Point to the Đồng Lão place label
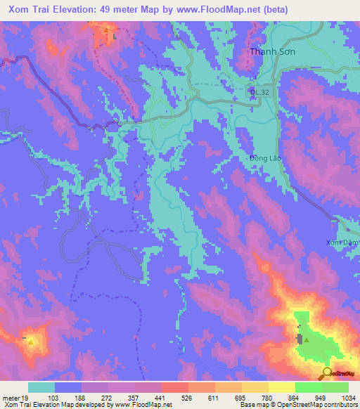coord(265,158)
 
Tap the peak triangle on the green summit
coord(305,339)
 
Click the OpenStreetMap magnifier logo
coord(327,373)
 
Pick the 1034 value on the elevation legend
coord(338,398)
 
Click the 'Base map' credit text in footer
coord(252,405)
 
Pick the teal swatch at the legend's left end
coord(41,387)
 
